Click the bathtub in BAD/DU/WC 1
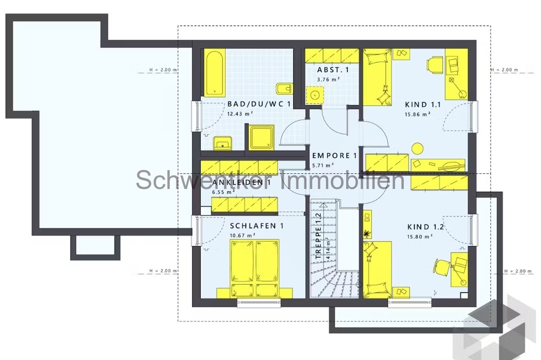(215, 73)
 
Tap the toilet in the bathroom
(283, 89)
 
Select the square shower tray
(262, 137)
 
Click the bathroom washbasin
(223, 143)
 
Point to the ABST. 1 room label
(333, 70)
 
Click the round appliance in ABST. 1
(315, 95)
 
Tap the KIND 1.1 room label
(423, 105)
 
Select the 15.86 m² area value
(418, 114)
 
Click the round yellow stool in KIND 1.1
(417, 147)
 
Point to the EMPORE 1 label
(334, 156)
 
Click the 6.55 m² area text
(224, 192)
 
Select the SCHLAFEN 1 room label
(256, 226)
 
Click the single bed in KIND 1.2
(377, 269)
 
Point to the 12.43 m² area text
(239, 113)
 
